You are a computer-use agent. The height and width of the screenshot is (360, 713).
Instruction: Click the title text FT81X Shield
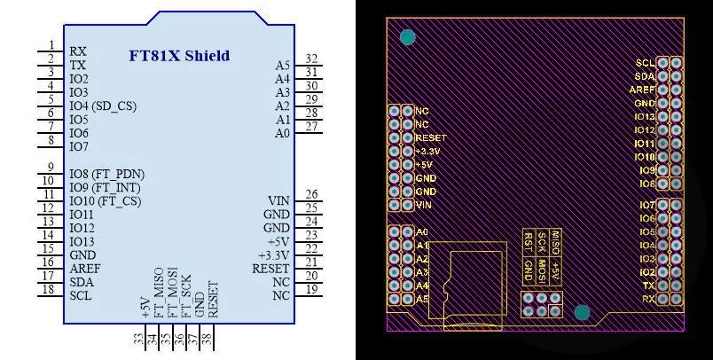180,56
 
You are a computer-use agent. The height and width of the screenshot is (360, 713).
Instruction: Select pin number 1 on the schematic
51,45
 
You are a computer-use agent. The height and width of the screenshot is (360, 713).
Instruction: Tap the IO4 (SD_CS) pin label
103,106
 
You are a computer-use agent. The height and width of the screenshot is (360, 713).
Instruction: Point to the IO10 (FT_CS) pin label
105,201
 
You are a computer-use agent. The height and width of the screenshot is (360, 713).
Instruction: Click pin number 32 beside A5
311,59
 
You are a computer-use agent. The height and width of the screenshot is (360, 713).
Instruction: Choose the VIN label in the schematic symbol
278,201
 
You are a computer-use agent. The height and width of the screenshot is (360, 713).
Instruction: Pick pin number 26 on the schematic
311,194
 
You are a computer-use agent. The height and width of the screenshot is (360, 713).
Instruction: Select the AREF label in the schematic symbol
85,269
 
